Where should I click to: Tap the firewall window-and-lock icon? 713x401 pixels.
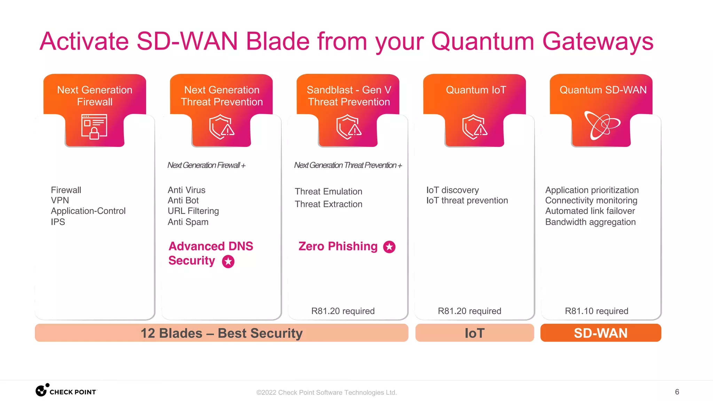tap(94, 127)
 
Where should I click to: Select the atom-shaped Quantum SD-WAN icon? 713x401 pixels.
tap(602, 125)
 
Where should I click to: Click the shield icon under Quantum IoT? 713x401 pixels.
tap(475, 127)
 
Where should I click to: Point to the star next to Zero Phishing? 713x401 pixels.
tap(389, 247)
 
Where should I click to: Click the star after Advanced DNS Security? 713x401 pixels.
tap(228, 261)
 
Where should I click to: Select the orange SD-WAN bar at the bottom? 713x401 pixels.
tap(601, 333)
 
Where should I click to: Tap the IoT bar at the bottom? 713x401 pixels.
tap(475, 333)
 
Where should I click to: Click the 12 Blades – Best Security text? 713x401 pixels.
tap(221, 333)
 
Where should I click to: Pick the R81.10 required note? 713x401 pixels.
tap(596, 311)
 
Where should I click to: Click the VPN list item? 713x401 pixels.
tap(60, 200)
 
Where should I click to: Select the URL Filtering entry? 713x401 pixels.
tap(193, 211)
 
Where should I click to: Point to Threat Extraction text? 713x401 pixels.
tap(328, 204)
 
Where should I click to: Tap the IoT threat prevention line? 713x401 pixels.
tap(467, 200)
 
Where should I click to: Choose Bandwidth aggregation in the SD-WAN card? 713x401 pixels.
tap(590, 222)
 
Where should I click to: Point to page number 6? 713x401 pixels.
tap(677, 392)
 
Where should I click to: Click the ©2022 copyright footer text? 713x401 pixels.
tap(326, 393)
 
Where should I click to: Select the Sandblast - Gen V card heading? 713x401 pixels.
tap(348, 96)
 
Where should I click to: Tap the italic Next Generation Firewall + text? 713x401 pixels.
tap(206, 165)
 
